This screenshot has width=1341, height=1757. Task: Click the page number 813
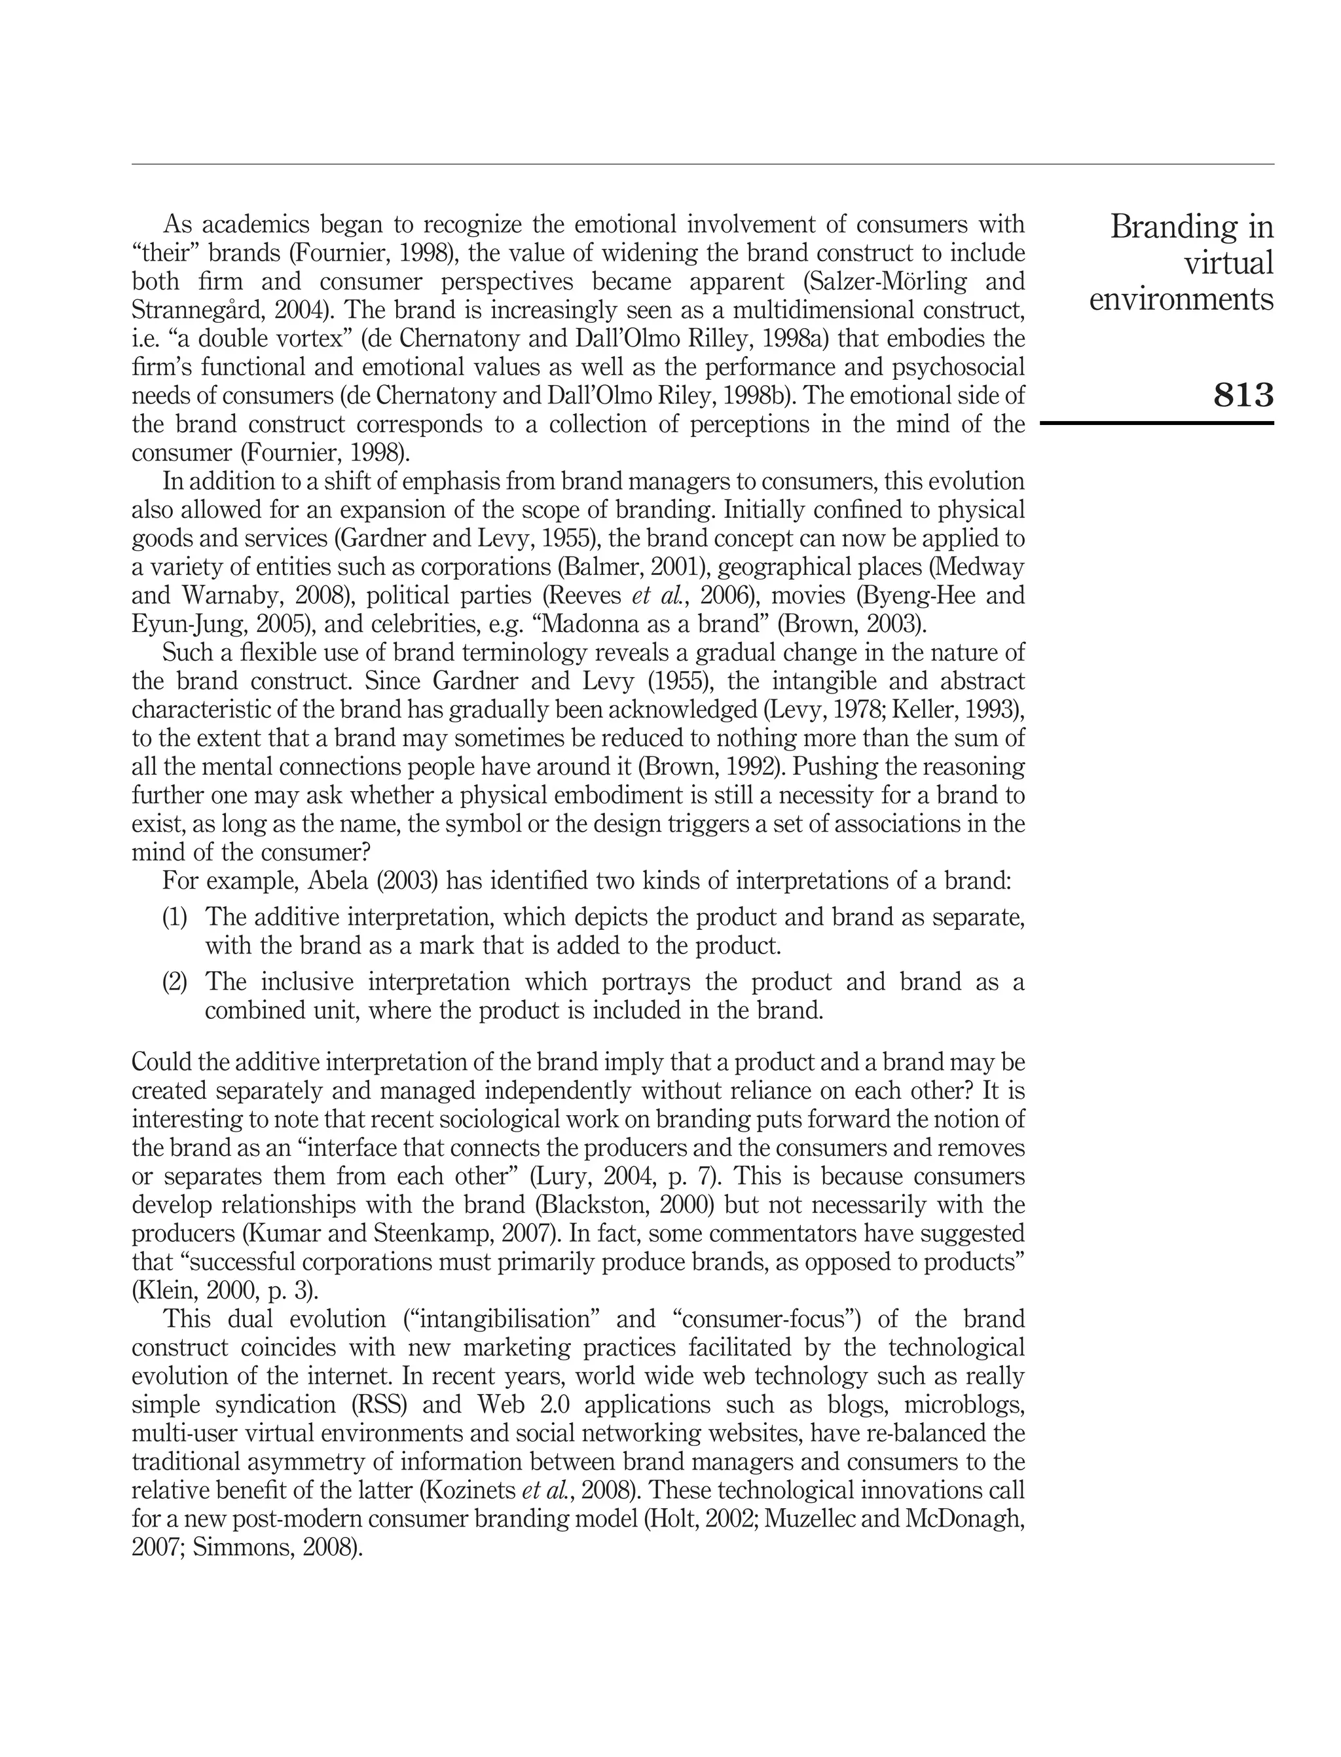point(1243,395)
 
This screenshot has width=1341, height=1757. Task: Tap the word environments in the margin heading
point(1181,299)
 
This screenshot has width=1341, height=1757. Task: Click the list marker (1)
point(175,917)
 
